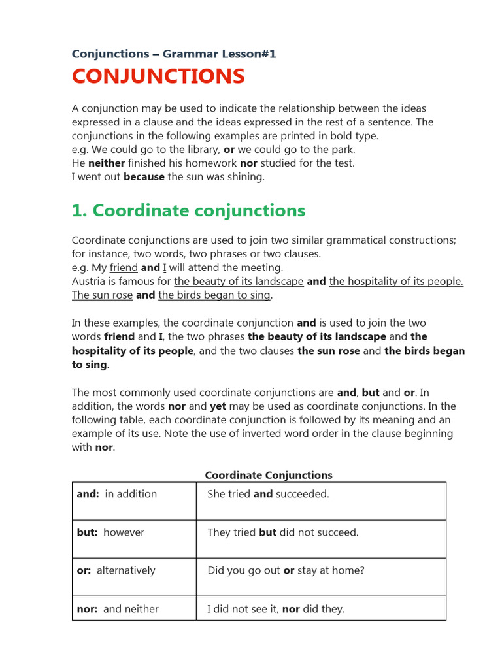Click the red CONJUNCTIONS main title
(158, 76)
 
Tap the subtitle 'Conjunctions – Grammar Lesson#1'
(174, 54)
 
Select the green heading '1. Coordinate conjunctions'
(188, 210)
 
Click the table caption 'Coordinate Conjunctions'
(269, 475)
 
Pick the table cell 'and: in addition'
(117, 494)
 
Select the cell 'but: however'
(110, 532)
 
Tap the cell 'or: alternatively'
(116, 570)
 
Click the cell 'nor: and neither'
(118, 609)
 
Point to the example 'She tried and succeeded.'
(268, 494)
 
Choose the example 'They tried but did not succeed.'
(282, 532)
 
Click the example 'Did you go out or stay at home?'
(286, 570)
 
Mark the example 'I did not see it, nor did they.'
(275, 609)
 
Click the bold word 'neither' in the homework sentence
(107, 163)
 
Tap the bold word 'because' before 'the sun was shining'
(144, 177)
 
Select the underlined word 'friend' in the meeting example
(124, 268)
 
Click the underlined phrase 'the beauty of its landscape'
(239, 282)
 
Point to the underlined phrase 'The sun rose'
(102, 295)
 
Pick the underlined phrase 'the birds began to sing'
(214, 295)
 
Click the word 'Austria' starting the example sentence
(89, 282)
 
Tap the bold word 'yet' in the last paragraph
(218, 406)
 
